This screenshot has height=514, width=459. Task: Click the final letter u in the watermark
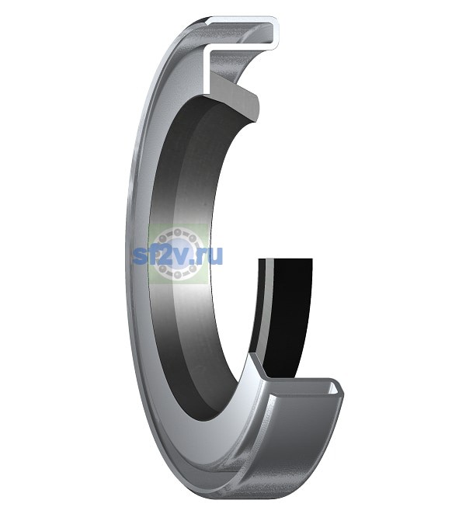(215, 257)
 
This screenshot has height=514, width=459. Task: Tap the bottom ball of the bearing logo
(178, 274)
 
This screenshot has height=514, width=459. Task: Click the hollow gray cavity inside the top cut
(243, 33)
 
